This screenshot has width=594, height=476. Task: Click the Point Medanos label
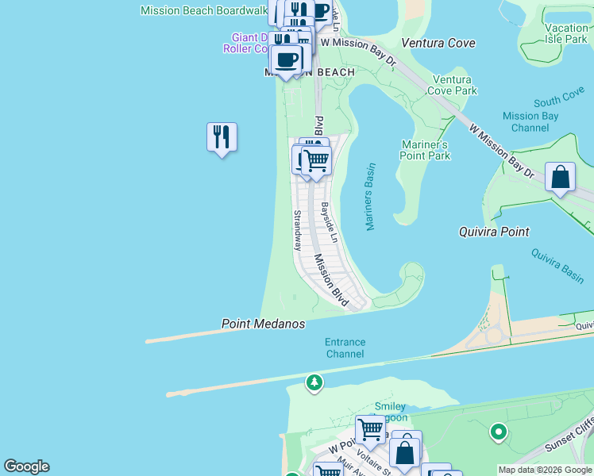[x=263, y=324]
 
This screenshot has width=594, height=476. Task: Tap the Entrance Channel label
[x=345, y=348]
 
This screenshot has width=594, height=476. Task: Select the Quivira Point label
[x=494, y=232]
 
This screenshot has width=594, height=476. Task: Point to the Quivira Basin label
[x=557, y=263]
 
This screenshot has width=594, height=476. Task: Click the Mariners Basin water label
[x=370, y=198]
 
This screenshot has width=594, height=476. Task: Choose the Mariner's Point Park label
[x=427, y=150]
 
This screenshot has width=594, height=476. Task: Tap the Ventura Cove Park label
[x=453, y=85]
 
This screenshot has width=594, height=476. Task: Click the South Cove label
[x=559, y=101]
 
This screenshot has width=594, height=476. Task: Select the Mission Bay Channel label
[x=531, y=121]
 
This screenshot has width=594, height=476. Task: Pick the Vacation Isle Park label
[x=566, y=33]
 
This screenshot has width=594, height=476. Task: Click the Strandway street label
[x=298, y=230]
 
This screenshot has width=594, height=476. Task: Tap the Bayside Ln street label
[x=330, y=223]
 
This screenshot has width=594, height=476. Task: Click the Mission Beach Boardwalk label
[x=203, y=10]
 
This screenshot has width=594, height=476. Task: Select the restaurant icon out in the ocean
[x=222, y=138]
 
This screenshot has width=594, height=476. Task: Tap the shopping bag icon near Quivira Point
[x=561, y=178]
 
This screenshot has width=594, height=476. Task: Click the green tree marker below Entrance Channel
[x=314, y=383]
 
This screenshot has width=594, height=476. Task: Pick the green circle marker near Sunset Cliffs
[x=499, y=432]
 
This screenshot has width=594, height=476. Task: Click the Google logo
[x=26, y=466]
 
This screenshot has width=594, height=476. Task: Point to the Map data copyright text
[x=545, y=470]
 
